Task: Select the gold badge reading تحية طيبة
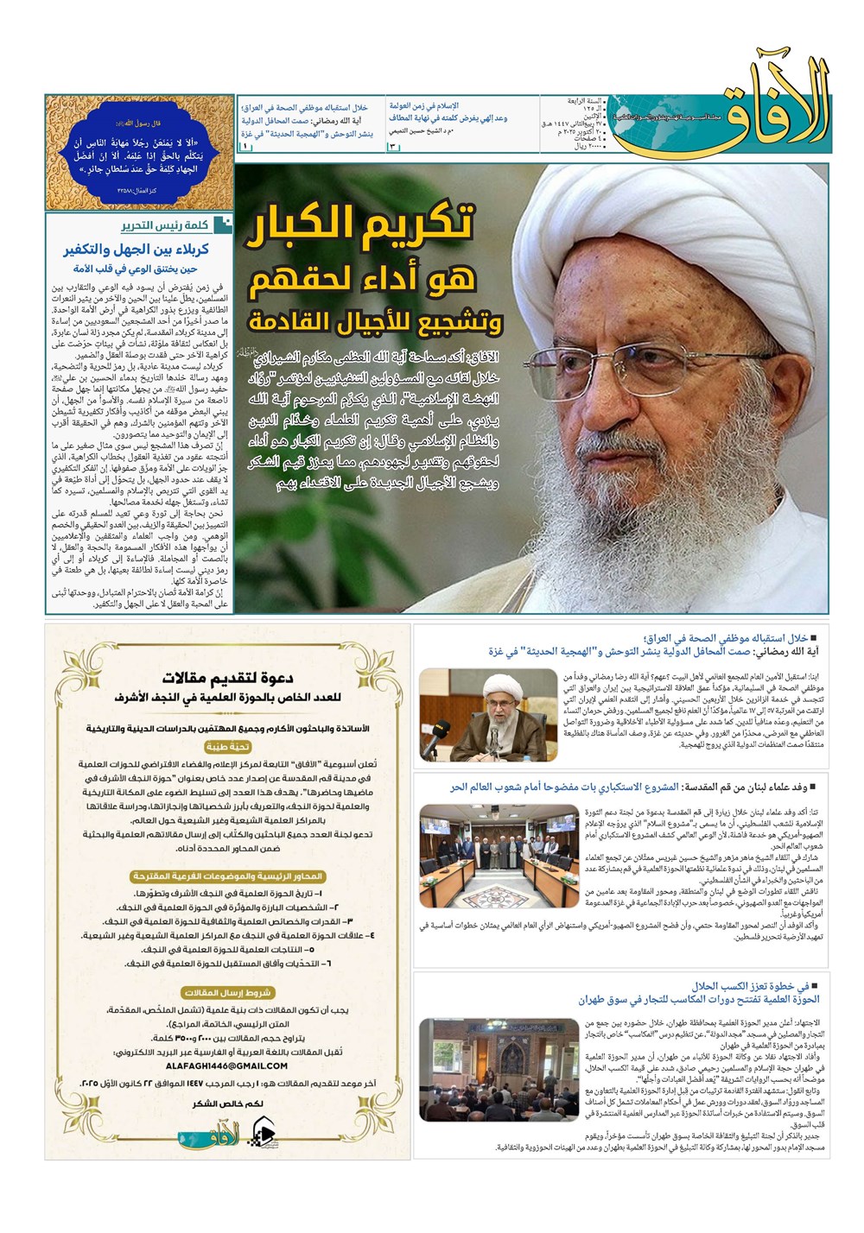click(227, 747)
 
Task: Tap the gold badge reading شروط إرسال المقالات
click(227, 993)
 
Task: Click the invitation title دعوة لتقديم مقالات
click(227, 678)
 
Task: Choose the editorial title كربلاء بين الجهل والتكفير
click(137, 250)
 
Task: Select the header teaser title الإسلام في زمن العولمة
click(424, 105)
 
